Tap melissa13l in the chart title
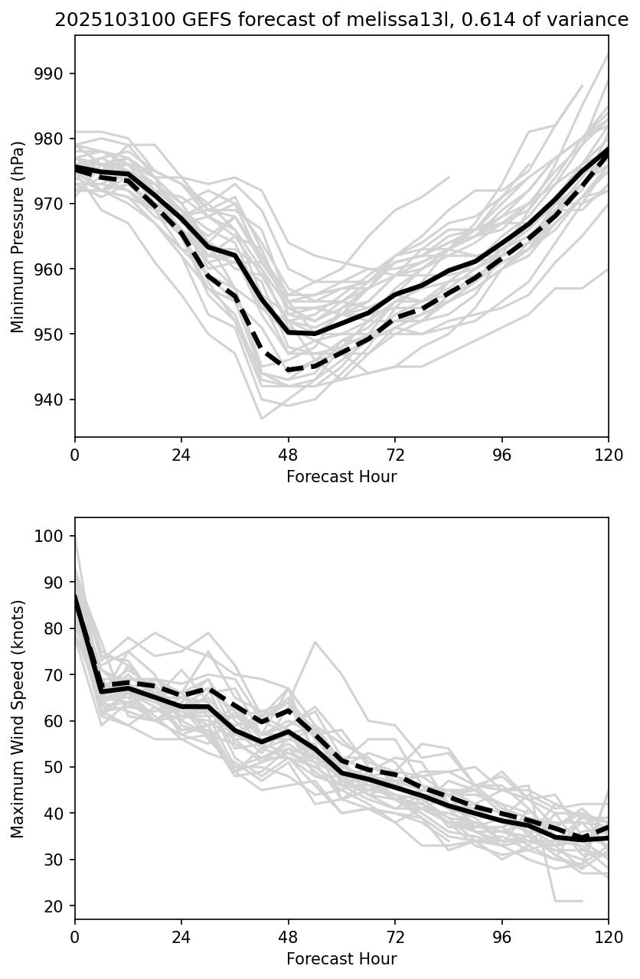[x=340, y=21]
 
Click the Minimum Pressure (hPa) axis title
[x=18, y=236]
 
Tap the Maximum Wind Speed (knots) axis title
[x=18, y=718]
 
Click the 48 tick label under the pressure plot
[x=289, y=453]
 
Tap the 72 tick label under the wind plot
[x=395, y=935]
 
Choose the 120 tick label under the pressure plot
[x=609, y=453]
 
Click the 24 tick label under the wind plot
[x=181, y=935]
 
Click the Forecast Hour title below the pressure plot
[x=341, y=477]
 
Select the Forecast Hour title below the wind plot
[x=341, y=959]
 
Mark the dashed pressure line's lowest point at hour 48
[x=289, y=370]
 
